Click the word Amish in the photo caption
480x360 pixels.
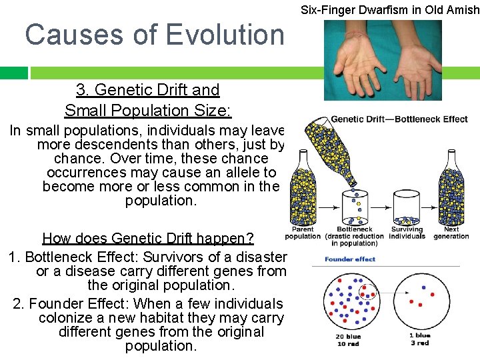coord(463,9)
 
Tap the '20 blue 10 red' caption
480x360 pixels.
coord(349,340)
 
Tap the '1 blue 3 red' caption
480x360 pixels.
coord(419,339)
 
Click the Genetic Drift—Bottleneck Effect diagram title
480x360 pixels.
coord(399,119)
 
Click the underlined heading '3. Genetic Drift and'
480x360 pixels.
coord(147,90)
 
